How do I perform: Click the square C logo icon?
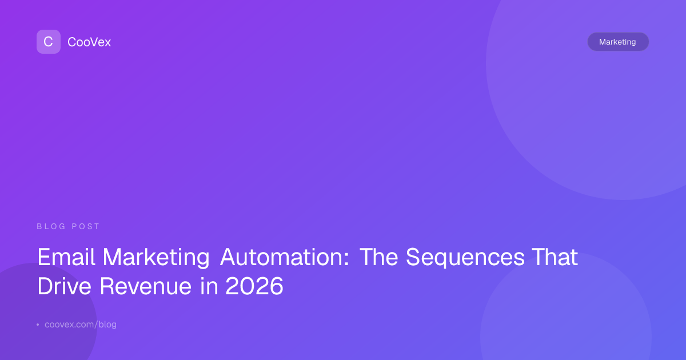click(x=49, y=42)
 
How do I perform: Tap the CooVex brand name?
click(x=89, y=42)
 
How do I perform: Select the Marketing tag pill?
click(x=618, y=42)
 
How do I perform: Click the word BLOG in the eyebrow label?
click(x=51, y=226)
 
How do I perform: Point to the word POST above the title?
click(x=85, y=226)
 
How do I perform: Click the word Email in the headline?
click(x=66, y=257)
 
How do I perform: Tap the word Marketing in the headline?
click(x=156, y=258)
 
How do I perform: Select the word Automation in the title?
click(x=281, y=257)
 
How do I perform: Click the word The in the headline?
click(x=379, y=257)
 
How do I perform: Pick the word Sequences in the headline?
click(x=465, y=258)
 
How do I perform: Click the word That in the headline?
click(x=555, y=257)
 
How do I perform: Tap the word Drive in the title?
click(x=64, y=286)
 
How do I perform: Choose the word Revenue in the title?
click(x=145, y=286)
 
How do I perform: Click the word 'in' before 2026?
click(x=209, y=286)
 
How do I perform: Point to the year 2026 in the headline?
click(x=254, y=286)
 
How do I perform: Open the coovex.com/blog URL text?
click(x=81, y=325)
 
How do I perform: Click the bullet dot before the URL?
click(x=38, y=325)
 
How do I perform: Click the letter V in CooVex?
click(x=97, y=42)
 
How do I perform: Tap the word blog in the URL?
click(x=107, y=325)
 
